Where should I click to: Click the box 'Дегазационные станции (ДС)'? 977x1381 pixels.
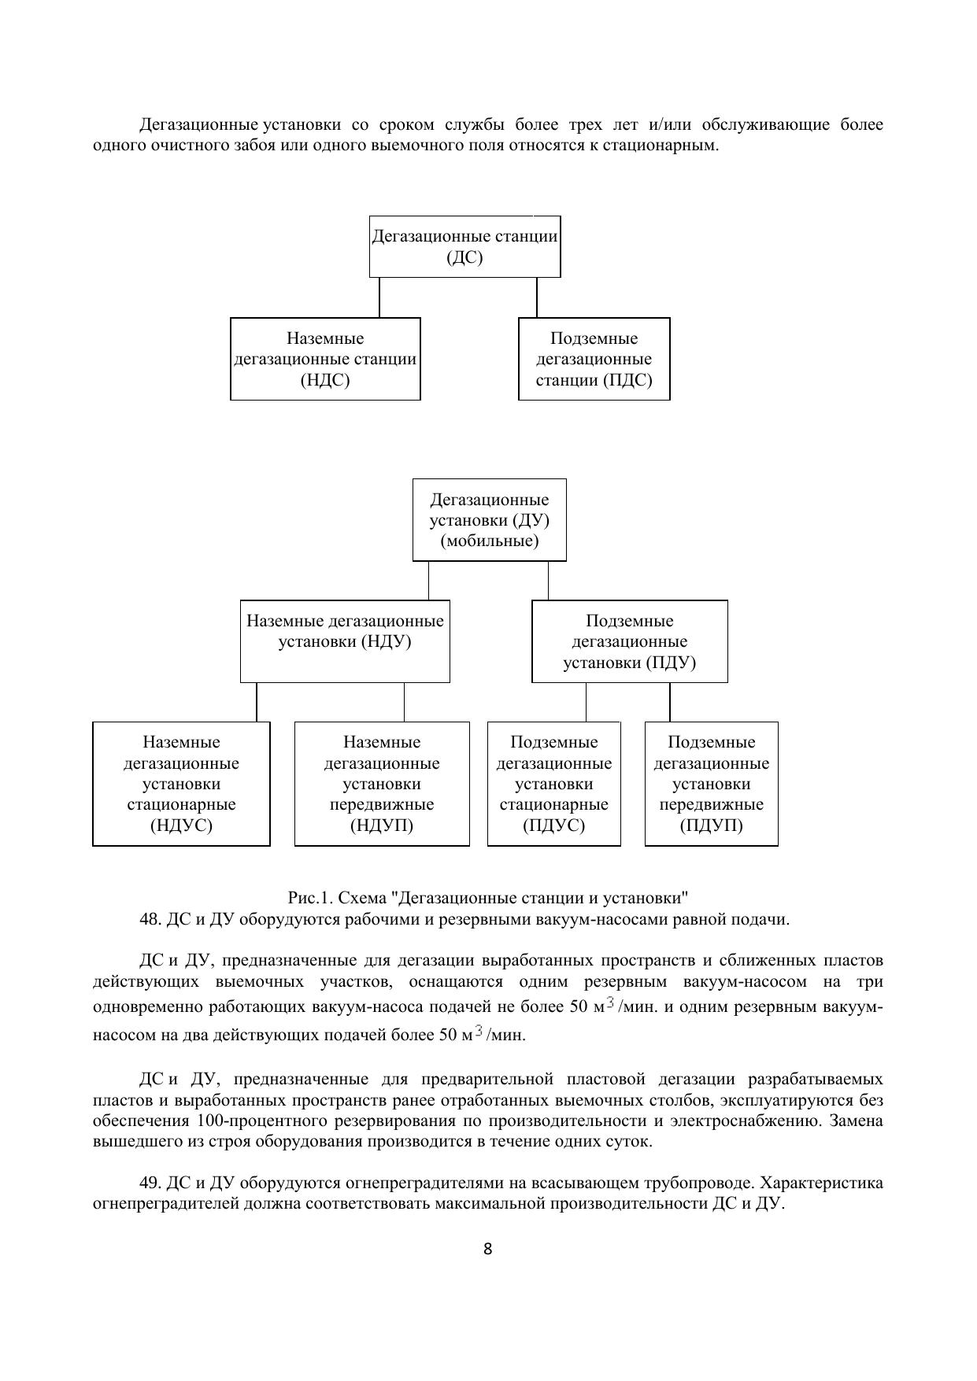click(464, 246)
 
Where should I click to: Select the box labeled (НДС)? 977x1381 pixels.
click(325, 359)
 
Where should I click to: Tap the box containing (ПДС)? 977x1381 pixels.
click(594, 359)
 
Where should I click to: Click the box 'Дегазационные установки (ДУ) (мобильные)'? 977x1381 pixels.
click(489, 520)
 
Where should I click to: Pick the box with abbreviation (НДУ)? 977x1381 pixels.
click(345, 641)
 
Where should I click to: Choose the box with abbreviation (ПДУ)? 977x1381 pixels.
click(629, 641)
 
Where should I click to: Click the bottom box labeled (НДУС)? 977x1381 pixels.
click(181, 784)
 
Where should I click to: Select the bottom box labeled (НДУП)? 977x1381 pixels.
click(382, 784)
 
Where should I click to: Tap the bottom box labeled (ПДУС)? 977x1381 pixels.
click(553, 784)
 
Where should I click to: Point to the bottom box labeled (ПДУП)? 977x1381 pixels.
click(711, 784)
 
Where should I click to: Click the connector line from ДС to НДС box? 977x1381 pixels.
click(379, 297)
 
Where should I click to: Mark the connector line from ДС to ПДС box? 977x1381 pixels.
click(537, 297)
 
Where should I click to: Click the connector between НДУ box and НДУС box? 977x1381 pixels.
click(257, 702)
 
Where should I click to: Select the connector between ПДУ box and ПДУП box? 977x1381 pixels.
click(670, 702)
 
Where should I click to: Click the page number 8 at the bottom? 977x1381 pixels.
click(487, 1249)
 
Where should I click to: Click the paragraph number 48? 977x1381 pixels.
click(150, 919)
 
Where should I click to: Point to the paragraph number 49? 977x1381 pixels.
click(150, 1183)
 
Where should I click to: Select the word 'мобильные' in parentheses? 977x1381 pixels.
click(489, 541)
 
